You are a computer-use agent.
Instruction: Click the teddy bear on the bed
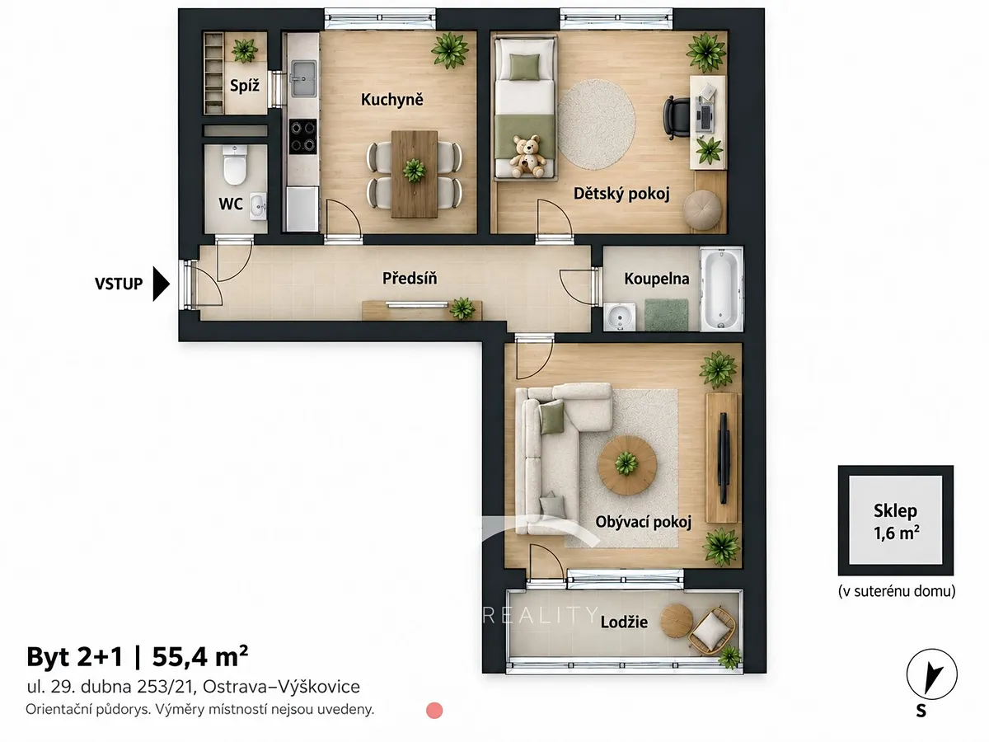527,157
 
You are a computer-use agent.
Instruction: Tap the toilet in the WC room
235,165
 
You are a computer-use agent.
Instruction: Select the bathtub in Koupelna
720,289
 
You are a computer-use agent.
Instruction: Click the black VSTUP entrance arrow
161,284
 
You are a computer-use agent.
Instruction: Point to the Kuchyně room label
392,100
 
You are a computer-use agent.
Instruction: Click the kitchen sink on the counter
303,79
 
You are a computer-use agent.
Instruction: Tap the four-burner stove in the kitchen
302,137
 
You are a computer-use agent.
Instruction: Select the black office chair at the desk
676,117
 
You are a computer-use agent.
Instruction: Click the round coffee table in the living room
626,465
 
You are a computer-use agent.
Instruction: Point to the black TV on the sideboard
723,458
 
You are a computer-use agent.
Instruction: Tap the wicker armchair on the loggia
712,631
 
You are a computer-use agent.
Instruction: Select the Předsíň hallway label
410,278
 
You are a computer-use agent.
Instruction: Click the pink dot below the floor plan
434,711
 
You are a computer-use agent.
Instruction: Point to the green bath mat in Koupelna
666,314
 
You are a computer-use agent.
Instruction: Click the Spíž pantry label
245,85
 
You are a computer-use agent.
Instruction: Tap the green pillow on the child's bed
524,66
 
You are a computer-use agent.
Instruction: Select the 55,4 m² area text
200,656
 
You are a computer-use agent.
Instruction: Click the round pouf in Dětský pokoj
702,210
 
